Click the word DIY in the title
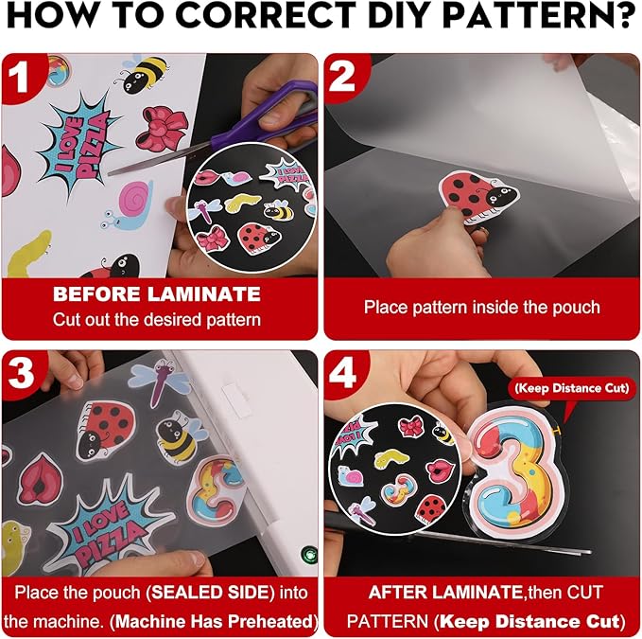tap(395, 14)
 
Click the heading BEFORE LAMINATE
tap(157, 293)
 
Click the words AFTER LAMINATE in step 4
tap(445, 593)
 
